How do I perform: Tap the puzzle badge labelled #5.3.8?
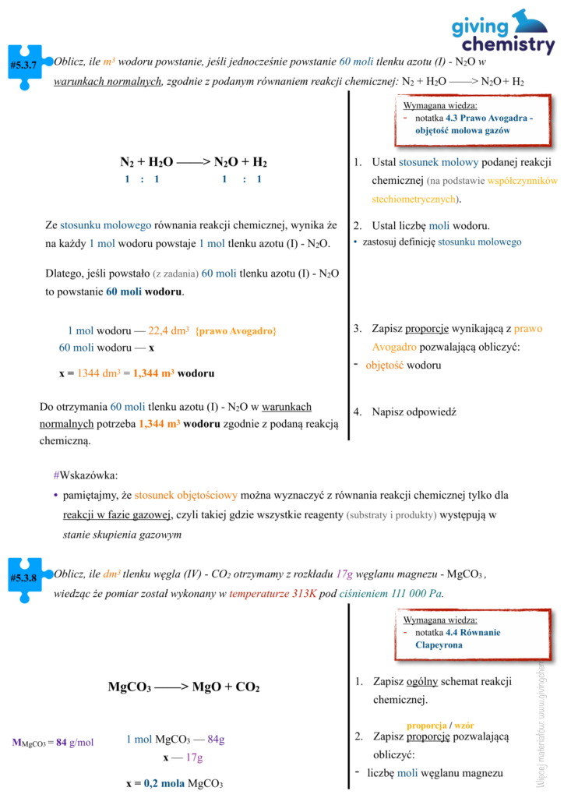24,577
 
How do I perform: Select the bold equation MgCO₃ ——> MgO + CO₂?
183,687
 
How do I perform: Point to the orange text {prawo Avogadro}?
236,331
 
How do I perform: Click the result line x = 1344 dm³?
136,373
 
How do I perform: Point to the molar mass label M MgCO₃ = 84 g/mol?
52,742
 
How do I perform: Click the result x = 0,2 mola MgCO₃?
174,783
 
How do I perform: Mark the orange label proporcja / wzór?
440,725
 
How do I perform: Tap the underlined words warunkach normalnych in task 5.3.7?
107,82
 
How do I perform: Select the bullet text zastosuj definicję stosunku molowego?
442,242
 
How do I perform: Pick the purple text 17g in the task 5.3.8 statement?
345,574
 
